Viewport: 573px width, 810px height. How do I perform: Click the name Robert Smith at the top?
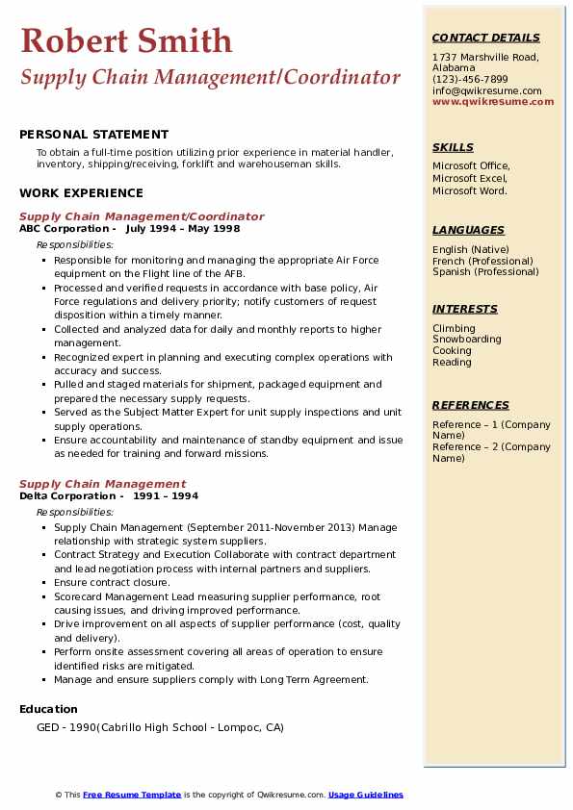pos(126,40)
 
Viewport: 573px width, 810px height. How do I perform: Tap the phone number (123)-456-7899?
pos(470,79)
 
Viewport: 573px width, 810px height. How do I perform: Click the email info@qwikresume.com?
pos(486,90)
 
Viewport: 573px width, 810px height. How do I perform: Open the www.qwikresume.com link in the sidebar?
pos(493,101)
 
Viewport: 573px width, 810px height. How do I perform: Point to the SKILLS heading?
pos(453,147)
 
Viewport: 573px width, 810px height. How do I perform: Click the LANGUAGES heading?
pos(468,230)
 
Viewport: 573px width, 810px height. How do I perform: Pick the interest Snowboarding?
pos(466,340)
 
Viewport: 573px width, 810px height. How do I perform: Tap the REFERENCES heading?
pos(471,405)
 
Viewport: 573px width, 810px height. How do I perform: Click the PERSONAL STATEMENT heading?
pos(93,135)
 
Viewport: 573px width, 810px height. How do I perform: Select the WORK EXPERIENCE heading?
pos(81,193)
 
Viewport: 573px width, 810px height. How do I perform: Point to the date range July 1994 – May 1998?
pos(182,229)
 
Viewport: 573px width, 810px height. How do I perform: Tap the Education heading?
pos(48,709)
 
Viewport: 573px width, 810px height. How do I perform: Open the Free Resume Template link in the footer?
pos(132,795)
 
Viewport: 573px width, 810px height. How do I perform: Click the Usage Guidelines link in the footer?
pos(365,795)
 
